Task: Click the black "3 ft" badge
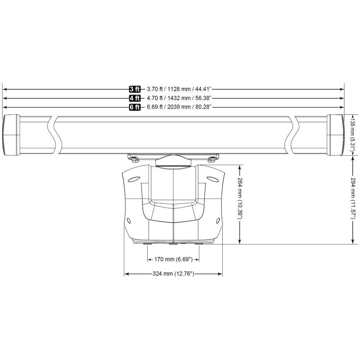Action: (x=134, y=89)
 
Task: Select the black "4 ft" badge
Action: (x=134, y=98)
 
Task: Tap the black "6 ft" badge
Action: (x=134, y=107)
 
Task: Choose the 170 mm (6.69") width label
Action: (x=173, y=259)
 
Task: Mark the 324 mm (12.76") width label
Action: (x=173, y=274)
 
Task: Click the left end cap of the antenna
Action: (x=11, y=135)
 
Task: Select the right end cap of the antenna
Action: (x=335, y=135)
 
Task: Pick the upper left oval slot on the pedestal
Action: (x=134, y=179)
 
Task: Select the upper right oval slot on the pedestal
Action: (x=212, y=179)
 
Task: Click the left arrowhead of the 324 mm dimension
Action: (x=126, y=274)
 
